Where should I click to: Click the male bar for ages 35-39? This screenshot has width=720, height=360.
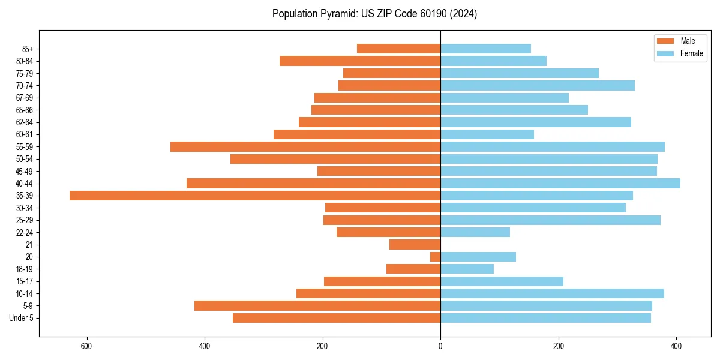255,196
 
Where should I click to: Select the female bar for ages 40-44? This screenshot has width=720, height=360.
560,184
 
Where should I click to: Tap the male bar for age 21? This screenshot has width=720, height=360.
415,245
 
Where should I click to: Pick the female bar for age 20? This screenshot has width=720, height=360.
478,257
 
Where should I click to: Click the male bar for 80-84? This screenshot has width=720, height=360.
360,61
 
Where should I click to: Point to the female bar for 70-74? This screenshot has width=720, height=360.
538,86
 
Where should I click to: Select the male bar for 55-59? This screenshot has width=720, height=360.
305,147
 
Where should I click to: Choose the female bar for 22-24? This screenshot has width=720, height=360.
475,232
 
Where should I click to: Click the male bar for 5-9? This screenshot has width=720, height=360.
317,306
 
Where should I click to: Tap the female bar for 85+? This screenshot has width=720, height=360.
485,49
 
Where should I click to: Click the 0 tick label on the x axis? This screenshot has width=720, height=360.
440,347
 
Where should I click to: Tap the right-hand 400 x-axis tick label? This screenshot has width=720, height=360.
676,347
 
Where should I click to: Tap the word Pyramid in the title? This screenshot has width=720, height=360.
337,14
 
